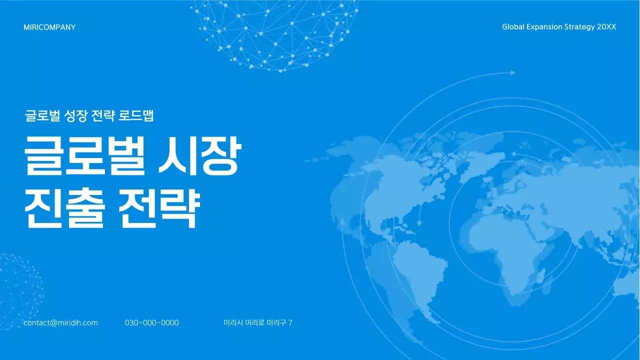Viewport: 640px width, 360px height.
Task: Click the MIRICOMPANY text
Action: point(49,27)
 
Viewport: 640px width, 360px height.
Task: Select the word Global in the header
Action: point(513,27)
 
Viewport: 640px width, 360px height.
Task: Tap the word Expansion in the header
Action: point(544,27)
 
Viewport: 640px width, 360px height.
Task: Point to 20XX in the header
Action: point(606,27)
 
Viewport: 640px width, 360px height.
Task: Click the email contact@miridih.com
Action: point(60,323)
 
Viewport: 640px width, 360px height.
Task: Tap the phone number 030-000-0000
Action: point(151,323)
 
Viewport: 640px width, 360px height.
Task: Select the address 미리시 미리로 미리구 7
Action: point(257,323)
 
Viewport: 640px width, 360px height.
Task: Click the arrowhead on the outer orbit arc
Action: point(512,73)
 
